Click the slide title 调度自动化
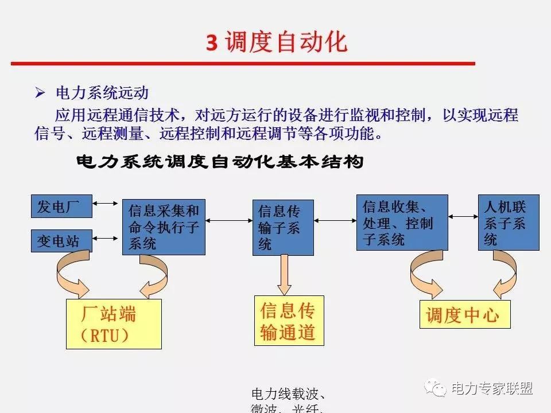click(277, 42)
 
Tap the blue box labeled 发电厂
click(61, 206)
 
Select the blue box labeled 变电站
click(61, 241)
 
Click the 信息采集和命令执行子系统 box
click(164, 227)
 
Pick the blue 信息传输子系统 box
click(283, 227)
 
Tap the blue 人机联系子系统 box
click(509, 223)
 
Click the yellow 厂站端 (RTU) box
click(114, 324)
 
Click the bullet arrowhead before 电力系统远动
click(40, 92)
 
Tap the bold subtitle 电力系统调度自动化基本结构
click(220, 162)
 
